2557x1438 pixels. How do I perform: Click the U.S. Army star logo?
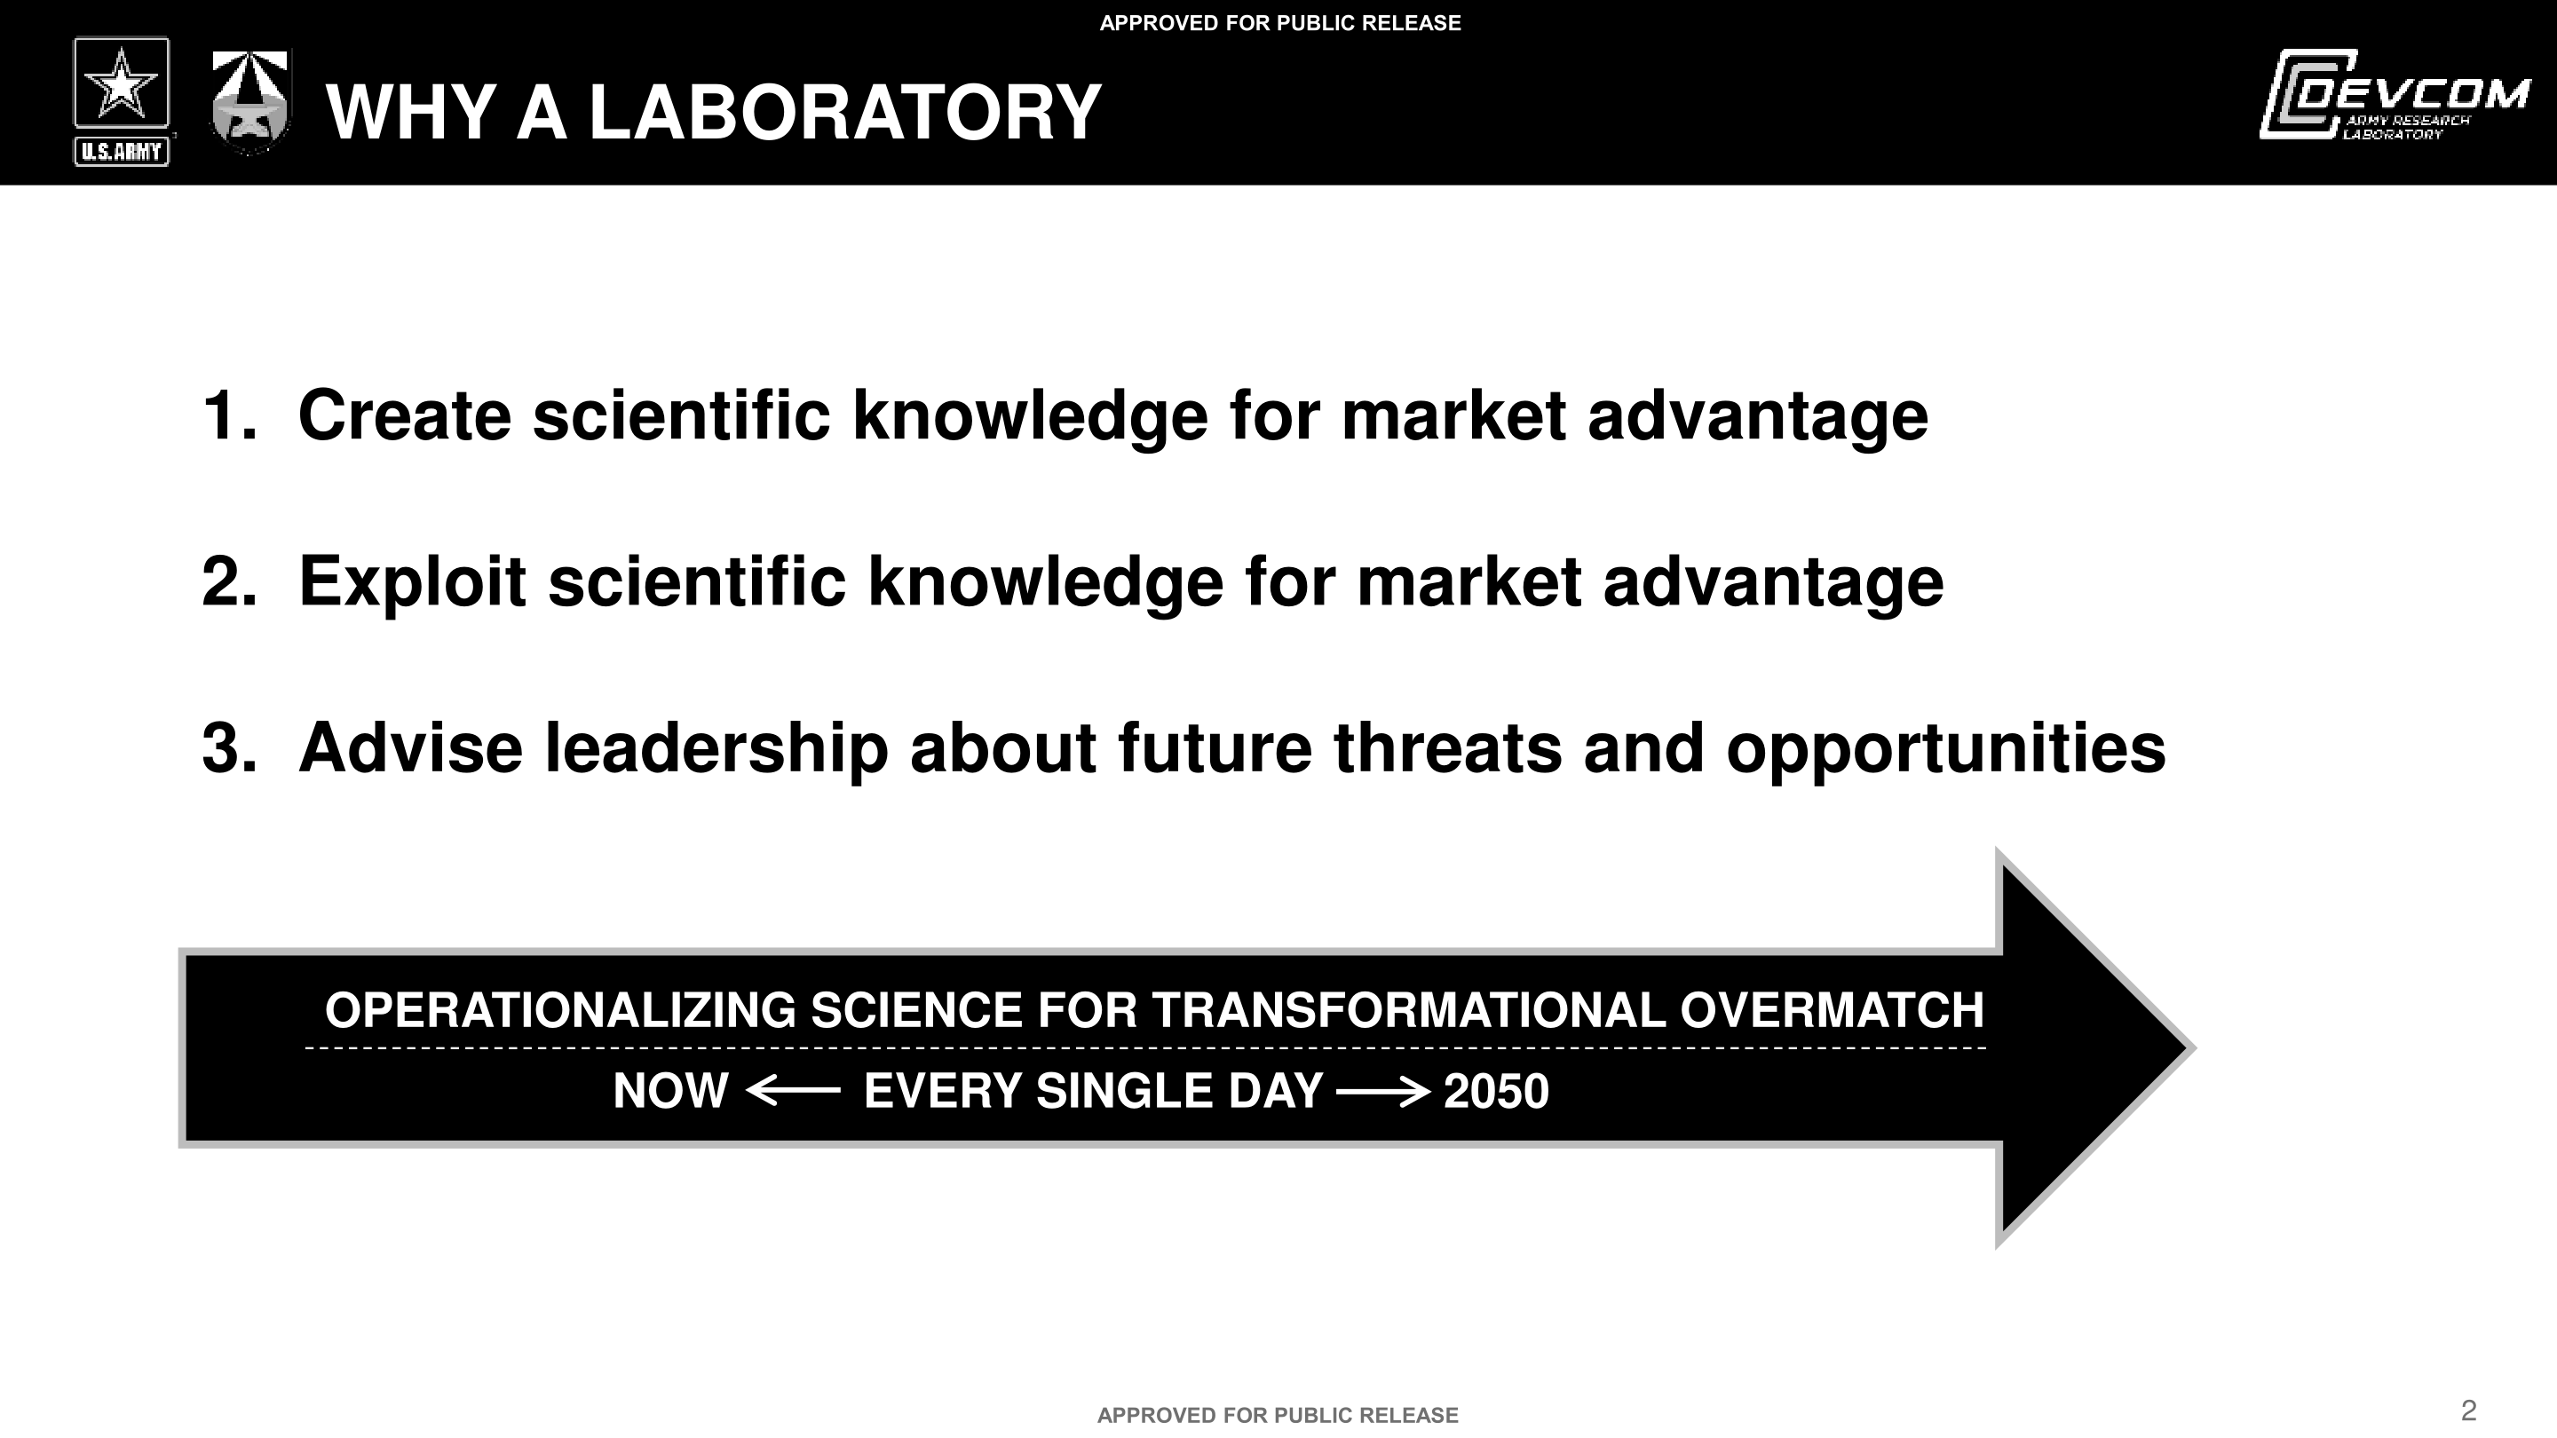(x=121, y=101)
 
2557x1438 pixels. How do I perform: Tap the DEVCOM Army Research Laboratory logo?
(x=2394, y=94)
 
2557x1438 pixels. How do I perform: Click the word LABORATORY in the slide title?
(x=844, y=112)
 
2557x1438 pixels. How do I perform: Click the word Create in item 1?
(x=405, y=415)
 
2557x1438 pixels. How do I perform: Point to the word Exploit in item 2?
(x=412, y=581)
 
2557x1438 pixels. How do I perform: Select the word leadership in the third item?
(x=716, y=749)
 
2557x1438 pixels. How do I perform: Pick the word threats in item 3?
(x=1447, y=748)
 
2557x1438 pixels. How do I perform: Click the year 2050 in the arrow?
(x=1496, y=1092)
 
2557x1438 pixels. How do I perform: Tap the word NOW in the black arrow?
(x=671, y=1092)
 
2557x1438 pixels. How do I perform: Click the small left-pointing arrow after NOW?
(x=792, y=1092)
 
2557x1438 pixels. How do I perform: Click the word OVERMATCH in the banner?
(x=1832, y=1010)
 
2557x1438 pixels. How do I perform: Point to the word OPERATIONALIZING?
(x=561, y=1010)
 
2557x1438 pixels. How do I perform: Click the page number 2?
(x=2468, y=1410)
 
